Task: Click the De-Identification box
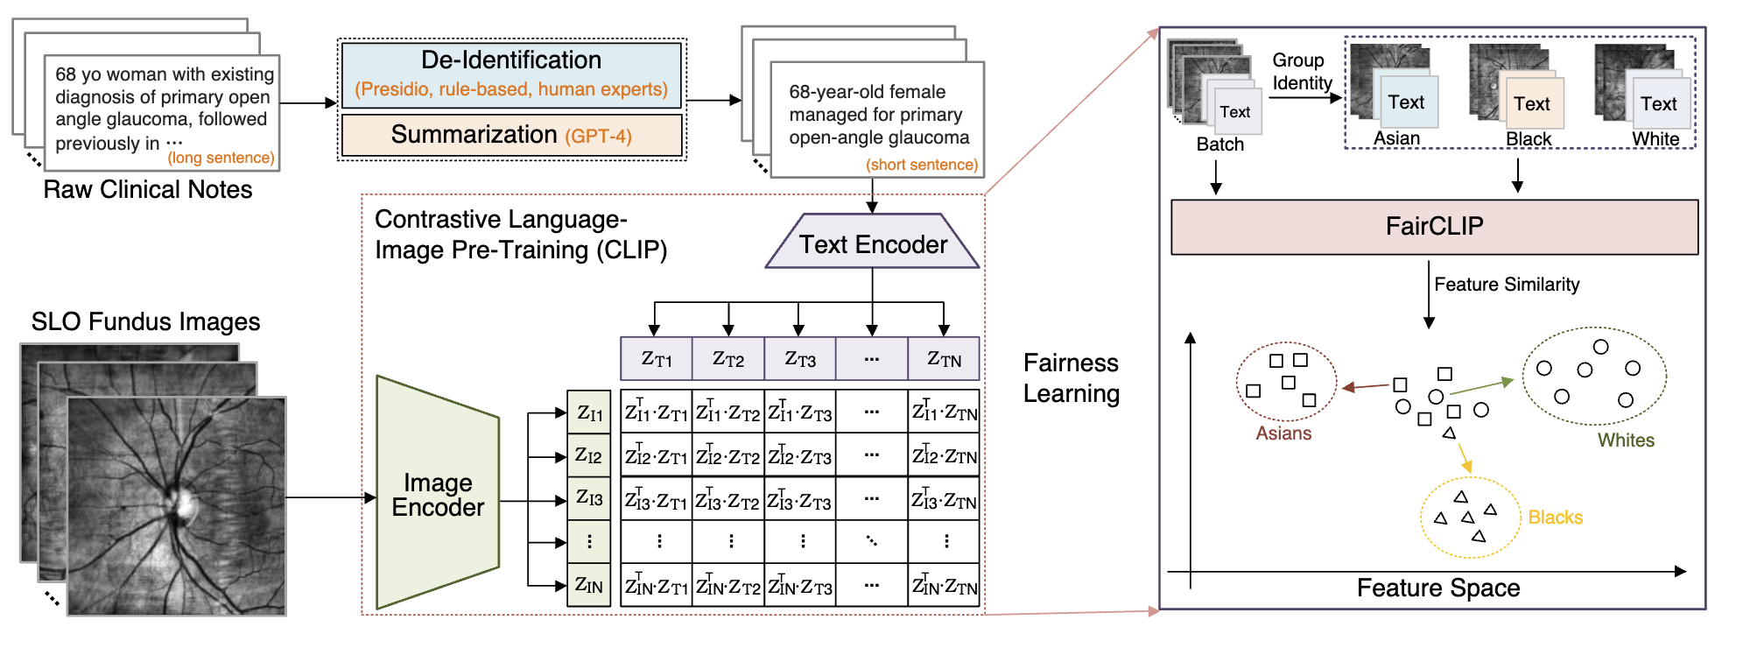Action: click(511, 74)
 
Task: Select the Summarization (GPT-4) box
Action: click(511, 135)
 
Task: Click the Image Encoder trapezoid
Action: click(438, 494)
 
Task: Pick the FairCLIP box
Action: click(1434, 227)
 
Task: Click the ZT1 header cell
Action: click(657, 358)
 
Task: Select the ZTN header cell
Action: click(944, 358)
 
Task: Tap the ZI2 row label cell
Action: click(588, 455)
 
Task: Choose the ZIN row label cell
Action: click(588, 585)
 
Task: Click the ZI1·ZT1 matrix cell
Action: click(657, 412)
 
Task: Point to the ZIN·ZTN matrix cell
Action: click(944, 585)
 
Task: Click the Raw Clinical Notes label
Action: click(148, 189)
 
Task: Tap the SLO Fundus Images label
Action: click(145, 321)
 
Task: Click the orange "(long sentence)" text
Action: click(221, 158)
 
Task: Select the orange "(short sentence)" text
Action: click(922, 165)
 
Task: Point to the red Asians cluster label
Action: click(1283, 433)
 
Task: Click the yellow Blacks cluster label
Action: click(1555, 518)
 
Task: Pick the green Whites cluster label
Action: click(1626, 440)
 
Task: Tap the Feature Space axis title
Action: click(1437, 588)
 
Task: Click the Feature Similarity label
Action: click(1507, 285)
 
